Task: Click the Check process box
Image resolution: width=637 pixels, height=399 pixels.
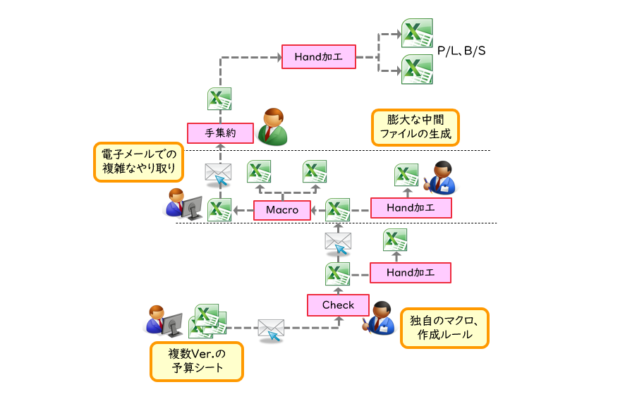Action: pos(338,305)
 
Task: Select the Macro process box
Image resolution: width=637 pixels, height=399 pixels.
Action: pos(282,209)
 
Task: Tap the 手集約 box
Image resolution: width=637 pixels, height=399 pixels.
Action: pos(219,133)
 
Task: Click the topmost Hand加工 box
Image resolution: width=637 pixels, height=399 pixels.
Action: pos(318,57)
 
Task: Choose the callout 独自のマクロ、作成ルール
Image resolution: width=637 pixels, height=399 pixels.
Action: pos(444,328)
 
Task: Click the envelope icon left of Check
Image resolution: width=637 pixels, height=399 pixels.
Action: pos(271,329)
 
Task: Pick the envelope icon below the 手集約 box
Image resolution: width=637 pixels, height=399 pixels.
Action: pos(218,173)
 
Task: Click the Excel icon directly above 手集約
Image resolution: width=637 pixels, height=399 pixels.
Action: pos(219,99)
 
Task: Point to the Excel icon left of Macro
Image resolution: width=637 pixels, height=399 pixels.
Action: pos(219,209)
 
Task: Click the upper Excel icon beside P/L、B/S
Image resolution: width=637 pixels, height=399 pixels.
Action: pos(417,33)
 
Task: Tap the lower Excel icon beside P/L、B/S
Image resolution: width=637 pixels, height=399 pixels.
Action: pos(417,69)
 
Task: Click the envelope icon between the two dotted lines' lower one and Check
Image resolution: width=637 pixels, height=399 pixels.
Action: pos(338,242)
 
